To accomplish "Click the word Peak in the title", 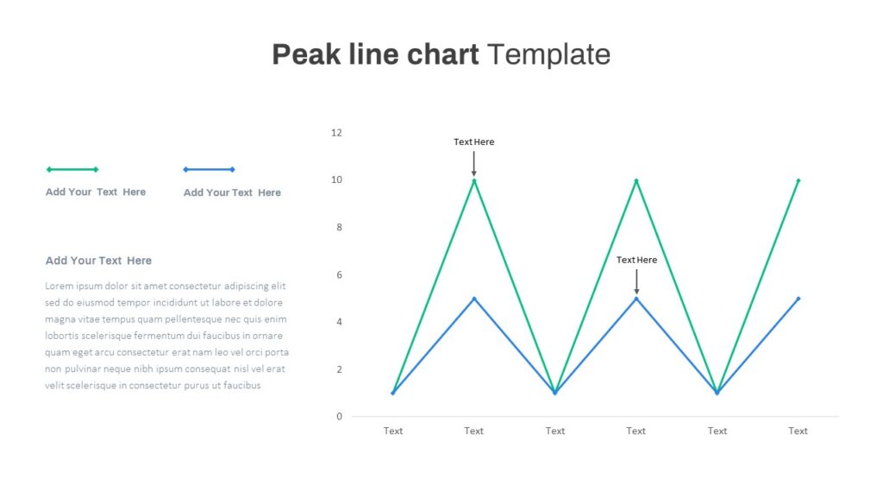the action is [x=306, y=54].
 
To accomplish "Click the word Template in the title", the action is [x=548, y=54].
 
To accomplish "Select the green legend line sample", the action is [x=72, y=169].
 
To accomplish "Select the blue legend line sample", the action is [x=209, y=169].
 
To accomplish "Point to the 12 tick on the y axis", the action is [x=336, y=133].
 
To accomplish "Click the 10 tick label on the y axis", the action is [x=336, y=179].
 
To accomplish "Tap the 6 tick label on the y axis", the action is [x=339, y=275].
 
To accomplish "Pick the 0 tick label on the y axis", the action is [x=339, y=417].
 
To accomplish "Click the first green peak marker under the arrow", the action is [x=474, y=181].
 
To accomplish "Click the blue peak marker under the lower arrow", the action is [x=636, y=299].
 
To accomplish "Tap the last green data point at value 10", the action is [x=798, y=181].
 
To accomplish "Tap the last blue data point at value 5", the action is [x=798, y=299].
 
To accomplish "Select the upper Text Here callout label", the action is [x=474, y=142].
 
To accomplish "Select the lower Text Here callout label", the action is [x=636, y=260].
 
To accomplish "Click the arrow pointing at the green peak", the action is [x=474, y=163].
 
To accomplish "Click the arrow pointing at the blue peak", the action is [x=636, y=281].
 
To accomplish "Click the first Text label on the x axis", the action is [x=393, y=431].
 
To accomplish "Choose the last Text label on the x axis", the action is [x=798, y=431].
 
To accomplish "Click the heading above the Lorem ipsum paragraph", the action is [x=98, y=261].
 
